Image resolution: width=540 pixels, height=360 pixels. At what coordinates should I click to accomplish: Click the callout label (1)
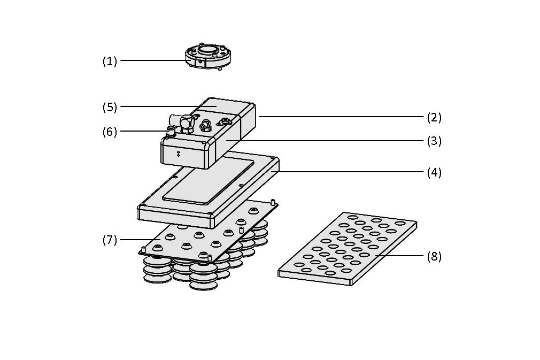110,61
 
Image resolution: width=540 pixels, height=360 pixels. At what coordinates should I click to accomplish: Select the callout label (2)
434,117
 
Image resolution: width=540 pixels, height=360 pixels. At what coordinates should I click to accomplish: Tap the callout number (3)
434,141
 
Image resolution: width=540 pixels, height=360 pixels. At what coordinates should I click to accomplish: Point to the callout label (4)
434,172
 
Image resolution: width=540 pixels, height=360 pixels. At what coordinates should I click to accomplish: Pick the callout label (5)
110,107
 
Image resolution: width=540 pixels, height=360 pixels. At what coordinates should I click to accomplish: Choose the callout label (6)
110,132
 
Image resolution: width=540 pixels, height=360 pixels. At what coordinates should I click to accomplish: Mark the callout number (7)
110,240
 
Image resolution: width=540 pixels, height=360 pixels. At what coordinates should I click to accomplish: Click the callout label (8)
434,256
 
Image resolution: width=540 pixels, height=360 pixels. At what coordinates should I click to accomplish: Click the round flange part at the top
208,56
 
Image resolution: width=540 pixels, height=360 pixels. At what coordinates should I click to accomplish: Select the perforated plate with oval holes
348,249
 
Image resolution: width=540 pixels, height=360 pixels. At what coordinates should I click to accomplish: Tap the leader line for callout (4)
348,172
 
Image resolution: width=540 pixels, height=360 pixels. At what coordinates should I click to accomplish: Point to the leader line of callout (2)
342,116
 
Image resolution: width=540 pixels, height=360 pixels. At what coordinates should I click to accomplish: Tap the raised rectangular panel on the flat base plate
209,182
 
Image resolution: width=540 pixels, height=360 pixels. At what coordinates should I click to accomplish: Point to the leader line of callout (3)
321,141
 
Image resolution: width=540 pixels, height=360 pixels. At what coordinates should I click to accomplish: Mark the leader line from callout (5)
160,106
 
